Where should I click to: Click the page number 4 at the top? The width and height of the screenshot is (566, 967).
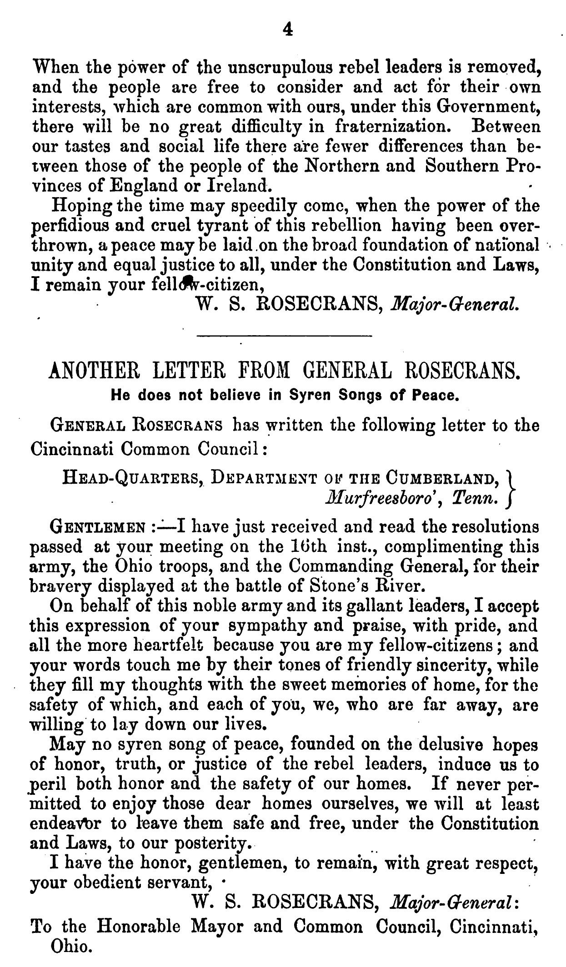click(x=286, y=30)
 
